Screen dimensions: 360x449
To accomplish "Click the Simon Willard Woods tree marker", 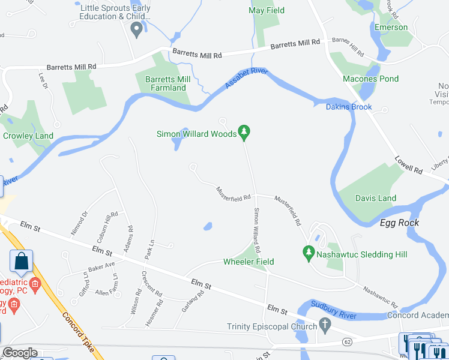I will click(244, 131).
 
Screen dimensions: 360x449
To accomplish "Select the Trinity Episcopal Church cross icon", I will click(325, 327).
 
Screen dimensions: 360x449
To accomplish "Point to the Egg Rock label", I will click(399, 223).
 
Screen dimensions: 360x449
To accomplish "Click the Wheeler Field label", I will click(249, 262).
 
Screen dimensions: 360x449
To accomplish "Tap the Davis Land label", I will click(376, 198).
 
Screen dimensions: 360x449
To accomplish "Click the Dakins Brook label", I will click(349, 107).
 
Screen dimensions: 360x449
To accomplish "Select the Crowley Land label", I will click(28, 136).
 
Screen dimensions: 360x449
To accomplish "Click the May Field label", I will click(267, 11).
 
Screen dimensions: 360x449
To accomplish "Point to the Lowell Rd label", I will click(408, 165).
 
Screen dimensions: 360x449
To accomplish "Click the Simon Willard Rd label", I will click(258, 230).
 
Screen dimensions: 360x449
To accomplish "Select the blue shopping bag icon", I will click(21, 262).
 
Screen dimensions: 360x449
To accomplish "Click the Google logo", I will click(20, 353).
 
